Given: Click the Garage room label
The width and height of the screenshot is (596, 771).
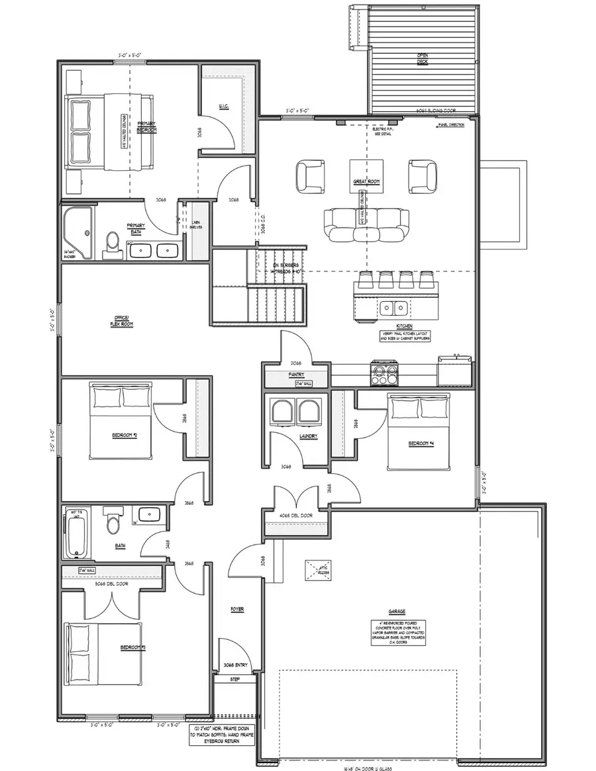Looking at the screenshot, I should click(x=397, y=612).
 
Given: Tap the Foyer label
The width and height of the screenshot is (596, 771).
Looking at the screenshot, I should click(x=237, y=609).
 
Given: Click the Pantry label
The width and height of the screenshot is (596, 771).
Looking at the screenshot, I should click(x=295, y=375).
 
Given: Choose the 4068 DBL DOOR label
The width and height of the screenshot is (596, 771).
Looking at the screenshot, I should click(x=297, y=514).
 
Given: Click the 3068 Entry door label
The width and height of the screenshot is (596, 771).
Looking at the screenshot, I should click(x=235, y=664).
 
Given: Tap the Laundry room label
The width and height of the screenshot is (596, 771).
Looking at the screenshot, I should click(x=307, y=436).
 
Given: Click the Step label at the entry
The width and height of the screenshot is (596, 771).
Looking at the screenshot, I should click(x=235, y=680).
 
